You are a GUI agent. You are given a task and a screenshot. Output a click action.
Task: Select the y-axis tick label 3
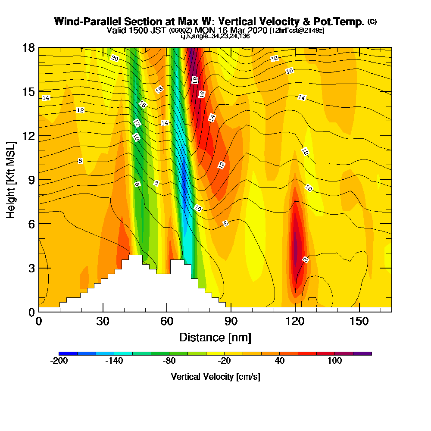click(31, 268)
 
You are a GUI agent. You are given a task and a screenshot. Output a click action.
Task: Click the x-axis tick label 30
click(103, 321)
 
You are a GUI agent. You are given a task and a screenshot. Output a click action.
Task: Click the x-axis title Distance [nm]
click(215, 337)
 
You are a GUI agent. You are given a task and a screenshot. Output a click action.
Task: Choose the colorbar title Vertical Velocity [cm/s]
click(215, 377)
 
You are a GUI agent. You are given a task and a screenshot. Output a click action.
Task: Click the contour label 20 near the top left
click(115, 59)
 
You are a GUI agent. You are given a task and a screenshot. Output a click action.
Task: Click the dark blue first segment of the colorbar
click(68, 353)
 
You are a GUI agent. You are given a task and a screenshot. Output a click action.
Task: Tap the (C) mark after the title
click(372, 21)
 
